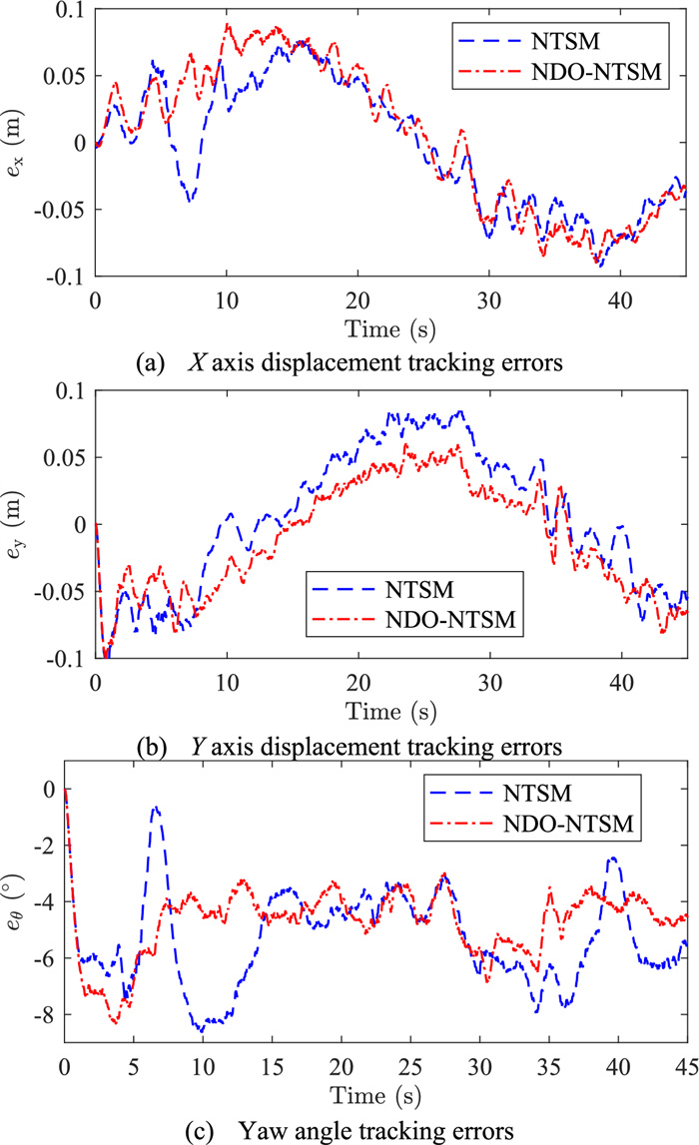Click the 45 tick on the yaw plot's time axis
(x=685, y=1061)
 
